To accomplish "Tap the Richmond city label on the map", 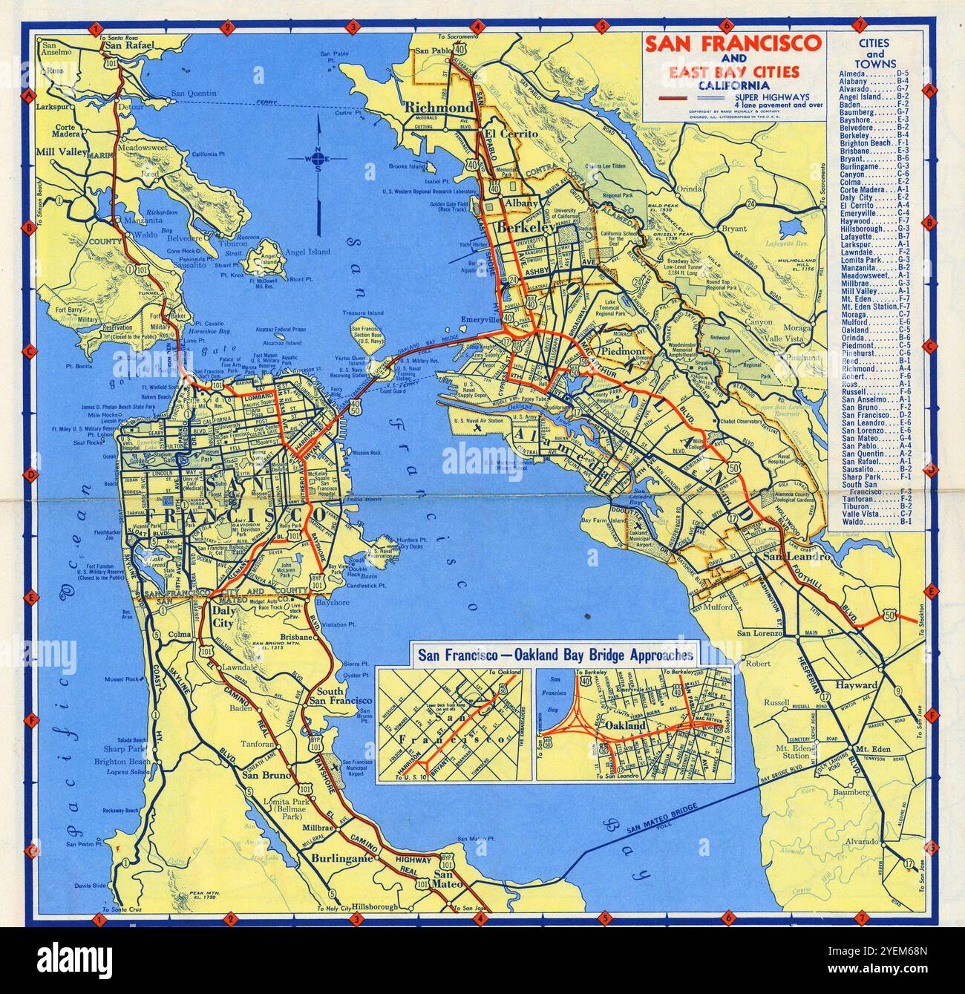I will (438, 108).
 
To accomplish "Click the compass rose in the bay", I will (318, 158).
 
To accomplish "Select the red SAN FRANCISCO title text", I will (733, 43).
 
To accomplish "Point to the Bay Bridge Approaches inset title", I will (556, 655).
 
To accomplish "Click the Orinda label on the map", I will (688, 189).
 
